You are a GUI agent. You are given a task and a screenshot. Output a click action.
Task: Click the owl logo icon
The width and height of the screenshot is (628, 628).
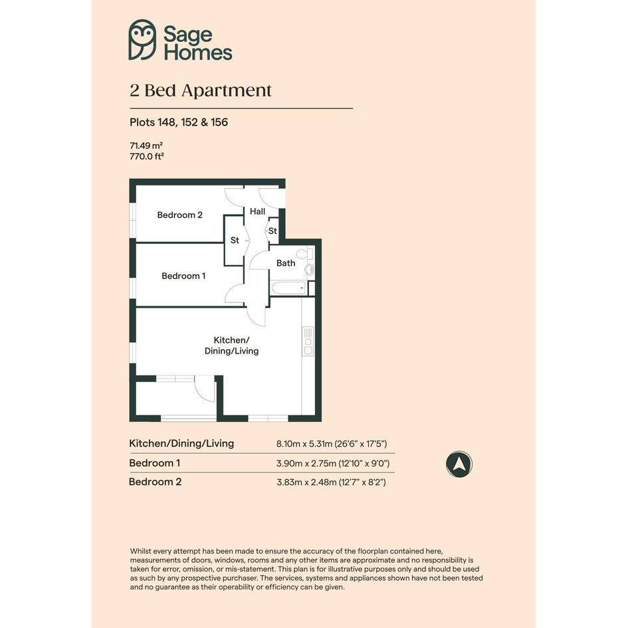(142, 40)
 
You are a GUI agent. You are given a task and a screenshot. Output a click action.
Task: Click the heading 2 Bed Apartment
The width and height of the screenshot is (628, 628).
(201, 90)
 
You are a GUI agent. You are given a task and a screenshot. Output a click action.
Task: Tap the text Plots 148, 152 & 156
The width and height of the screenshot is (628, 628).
(179, 122)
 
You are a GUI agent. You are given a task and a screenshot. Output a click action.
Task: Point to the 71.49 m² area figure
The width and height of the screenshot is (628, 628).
(146, 146)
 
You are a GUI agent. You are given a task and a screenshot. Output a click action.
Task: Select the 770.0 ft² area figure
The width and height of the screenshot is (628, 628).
(147, 156)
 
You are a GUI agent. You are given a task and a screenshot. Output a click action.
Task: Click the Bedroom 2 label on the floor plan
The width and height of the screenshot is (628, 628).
(180, 215)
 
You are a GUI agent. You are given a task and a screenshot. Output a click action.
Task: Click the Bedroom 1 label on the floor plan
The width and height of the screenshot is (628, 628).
(183, 276)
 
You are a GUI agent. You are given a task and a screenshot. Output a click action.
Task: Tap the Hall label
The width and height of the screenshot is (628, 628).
(258, 211)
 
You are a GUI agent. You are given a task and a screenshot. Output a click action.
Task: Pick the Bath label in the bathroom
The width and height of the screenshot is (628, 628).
(286, 263)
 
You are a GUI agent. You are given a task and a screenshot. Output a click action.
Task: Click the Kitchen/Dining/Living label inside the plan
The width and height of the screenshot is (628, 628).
(231, 346)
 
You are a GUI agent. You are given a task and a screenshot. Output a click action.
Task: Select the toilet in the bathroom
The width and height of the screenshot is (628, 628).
(305, 254)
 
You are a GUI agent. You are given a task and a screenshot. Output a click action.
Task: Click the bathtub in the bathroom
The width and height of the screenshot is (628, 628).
(289, 288)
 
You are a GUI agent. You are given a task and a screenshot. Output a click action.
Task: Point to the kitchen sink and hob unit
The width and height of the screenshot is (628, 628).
(308, 342)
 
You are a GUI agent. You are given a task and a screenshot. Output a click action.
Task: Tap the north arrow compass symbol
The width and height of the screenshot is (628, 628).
(459, 465)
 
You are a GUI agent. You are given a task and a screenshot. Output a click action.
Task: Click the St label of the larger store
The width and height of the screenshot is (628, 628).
(235, 241)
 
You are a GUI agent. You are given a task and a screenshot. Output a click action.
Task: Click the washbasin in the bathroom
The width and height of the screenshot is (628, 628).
(309, 270)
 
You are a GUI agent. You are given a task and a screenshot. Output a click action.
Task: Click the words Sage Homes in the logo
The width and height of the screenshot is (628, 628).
(198, 43)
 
